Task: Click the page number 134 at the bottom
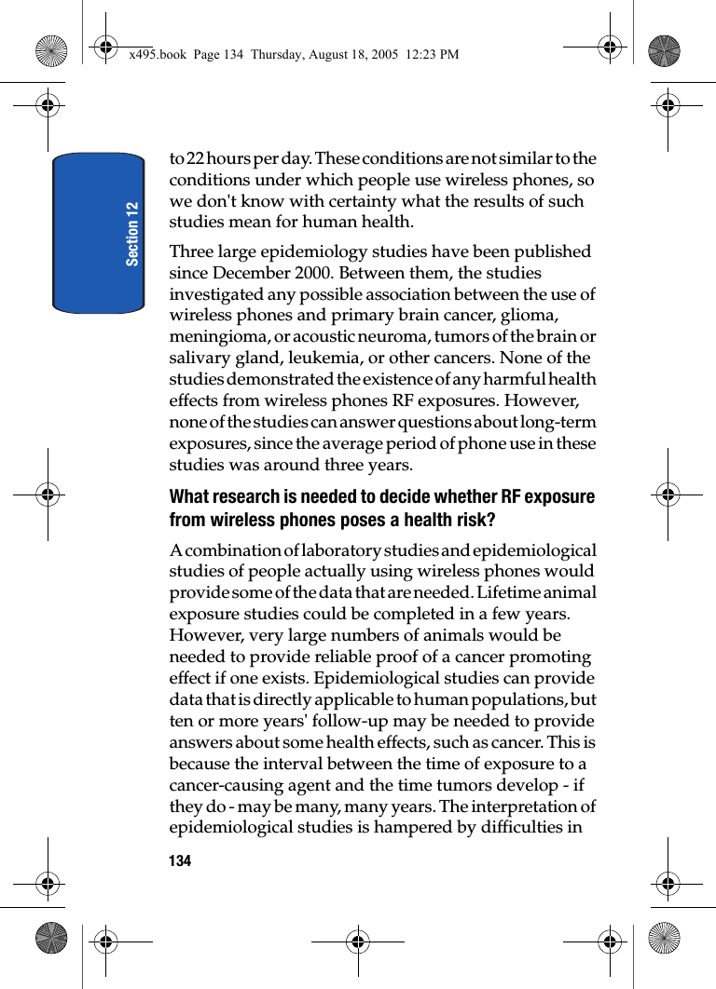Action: coord(180,861)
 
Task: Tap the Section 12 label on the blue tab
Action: coord(132,233)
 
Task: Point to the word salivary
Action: coord(199,358)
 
